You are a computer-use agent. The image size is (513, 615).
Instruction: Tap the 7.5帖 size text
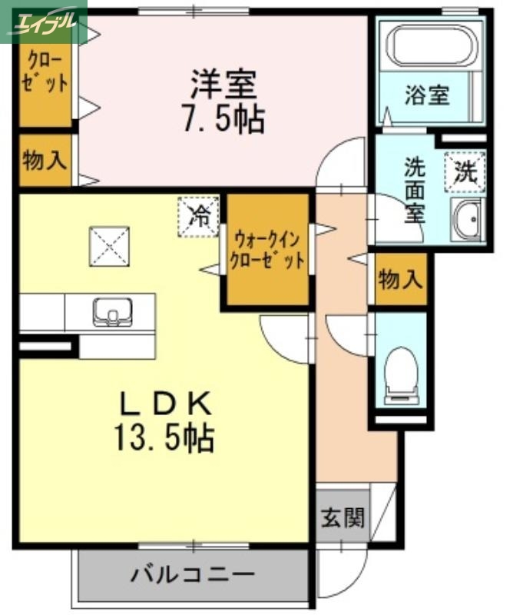[224, 120]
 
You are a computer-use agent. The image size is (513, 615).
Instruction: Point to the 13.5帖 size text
[164, 439]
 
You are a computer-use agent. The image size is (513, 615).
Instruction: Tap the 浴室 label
[427, 97]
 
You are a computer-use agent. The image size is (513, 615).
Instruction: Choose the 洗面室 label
[415, 189]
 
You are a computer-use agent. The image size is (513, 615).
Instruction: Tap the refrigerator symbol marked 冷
[199, 215]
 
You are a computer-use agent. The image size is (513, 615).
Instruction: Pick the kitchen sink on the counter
[113, 312]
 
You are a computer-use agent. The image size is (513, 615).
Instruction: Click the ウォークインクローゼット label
[267, 248]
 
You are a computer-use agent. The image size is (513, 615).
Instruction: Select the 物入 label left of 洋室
[45, 161]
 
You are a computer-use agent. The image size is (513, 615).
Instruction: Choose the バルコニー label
[192, 574]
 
